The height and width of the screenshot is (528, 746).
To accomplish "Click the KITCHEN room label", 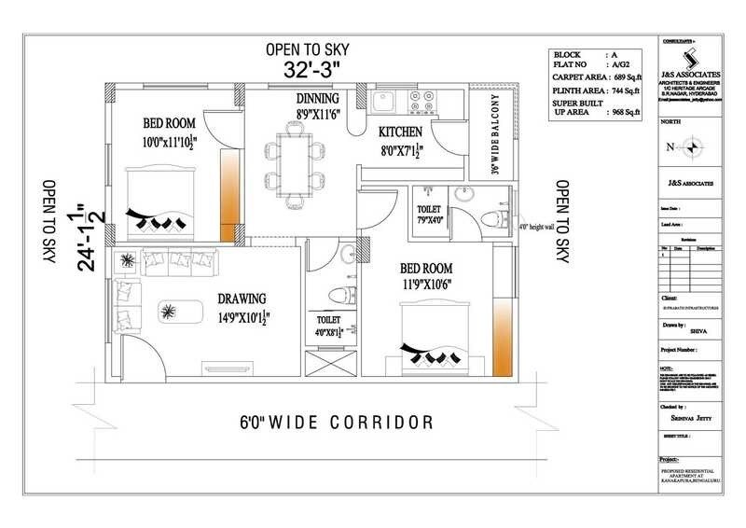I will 400,132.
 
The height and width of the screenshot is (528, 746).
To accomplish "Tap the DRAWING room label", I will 242,299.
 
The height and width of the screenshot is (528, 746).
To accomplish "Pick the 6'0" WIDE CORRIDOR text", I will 335,423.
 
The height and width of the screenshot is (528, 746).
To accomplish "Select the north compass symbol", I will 693,147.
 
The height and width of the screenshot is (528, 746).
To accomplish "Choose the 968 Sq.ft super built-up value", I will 623,113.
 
